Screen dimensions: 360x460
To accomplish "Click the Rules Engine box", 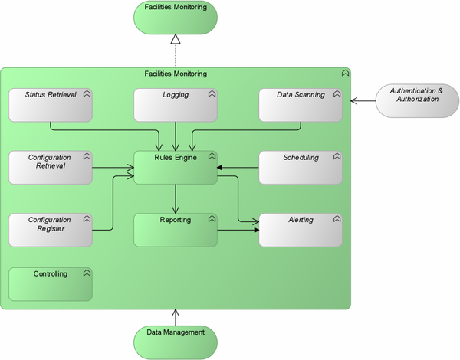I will (x=176, y=168).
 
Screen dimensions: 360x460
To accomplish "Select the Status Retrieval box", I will (x=50, y=105).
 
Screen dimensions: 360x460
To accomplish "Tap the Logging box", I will (x=176, y=105).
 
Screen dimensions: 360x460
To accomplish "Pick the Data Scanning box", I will (x=301, y=105).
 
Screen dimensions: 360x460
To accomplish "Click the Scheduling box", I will (x=301, y=168).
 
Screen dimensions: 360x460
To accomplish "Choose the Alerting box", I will (x=301, y=230).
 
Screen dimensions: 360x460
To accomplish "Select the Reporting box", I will (x=176, y=230).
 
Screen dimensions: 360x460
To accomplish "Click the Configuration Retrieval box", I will (x=50, y=168).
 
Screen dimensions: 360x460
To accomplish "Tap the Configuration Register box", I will (x=50, y=230).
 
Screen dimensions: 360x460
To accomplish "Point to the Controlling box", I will (x=50, y=283).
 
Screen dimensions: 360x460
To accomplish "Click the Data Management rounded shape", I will (x=176, y=337).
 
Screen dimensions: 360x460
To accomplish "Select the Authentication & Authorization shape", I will (x=416, y=100).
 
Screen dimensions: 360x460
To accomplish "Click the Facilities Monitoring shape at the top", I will (x=176, y=17).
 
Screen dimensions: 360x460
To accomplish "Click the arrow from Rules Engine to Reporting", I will (x=176, y=199).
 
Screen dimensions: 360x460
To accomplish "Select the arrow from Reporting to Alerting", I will (x=238, y=230).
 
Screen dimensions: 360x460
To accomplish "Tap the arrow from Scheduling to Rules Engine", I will (x=238, y=168).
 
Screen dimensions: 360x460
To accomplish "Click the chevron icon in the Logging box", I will (x=212, y=94).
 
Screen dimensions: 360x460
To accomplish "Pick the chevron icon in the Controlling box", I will (x=87, y=273).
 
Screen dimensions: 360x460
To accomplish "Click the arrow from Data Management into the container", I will (x=176, y=316).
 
